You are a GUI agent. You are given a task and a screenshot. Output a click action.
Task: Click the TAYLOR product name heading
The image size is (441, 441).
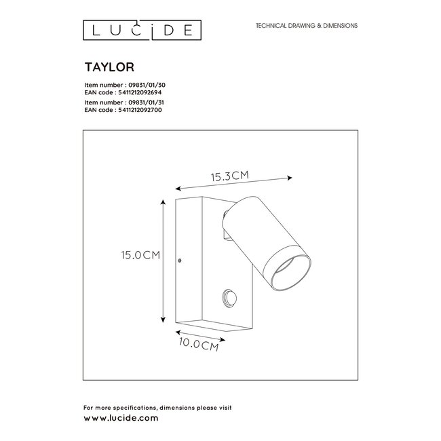(x=103, y=68)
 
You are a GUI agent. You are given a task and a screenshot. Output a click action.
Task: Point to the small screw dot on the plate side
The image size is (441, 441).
(x=179, y=259)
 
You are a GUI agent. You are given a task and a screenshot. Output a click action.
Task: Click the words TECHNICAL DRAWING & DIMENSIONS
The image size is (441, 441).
(x=306, y=25)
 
